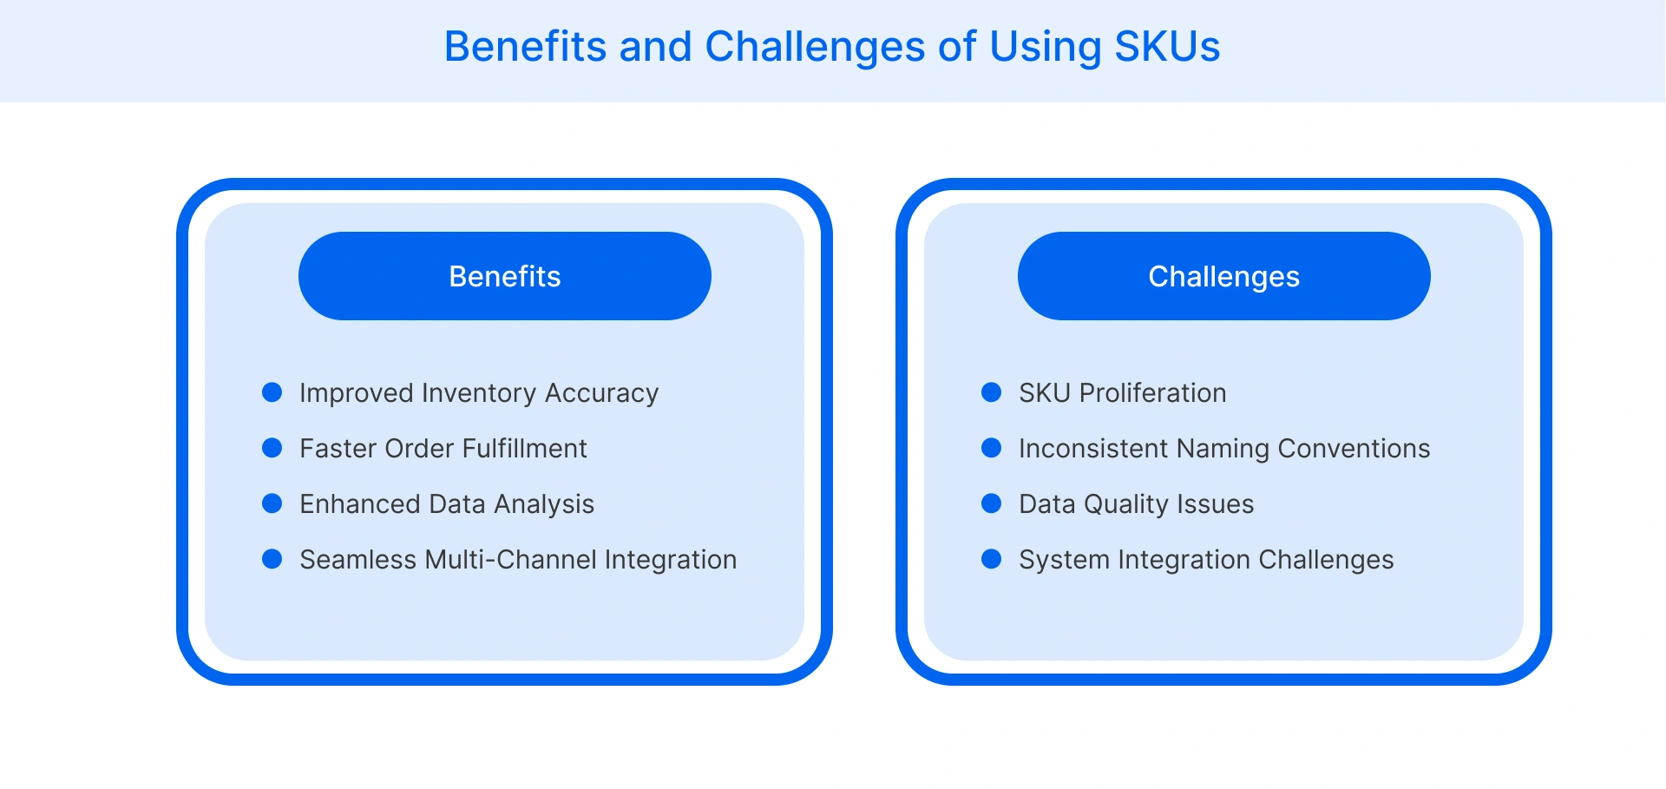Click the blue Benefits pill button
504,276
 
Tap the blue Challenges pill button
1223,276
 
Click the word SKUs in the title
1167,47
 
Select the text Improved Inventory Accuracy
479,393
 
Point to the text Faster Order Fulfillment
443,449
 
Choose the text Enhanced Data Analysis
447,504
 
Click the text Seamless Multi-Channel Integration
518,560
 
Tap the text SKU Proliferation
1122,393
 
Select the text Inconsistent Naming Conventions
1223,449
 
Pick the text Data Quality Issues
1136,504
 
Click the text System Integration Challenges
1206,560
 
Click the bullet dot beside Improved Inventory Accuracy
272,392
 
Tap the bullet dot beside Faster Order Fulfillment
272,448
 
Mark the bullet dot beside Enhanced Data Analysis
272,503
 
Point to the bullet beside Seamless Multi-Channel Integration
272,559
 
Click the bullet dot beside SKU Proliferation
991,392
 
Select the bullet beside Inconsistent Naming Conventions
991,448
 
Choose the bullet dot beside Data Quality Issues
991,503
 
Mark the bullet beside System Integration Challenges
991,559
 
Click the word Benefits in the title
525,47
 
